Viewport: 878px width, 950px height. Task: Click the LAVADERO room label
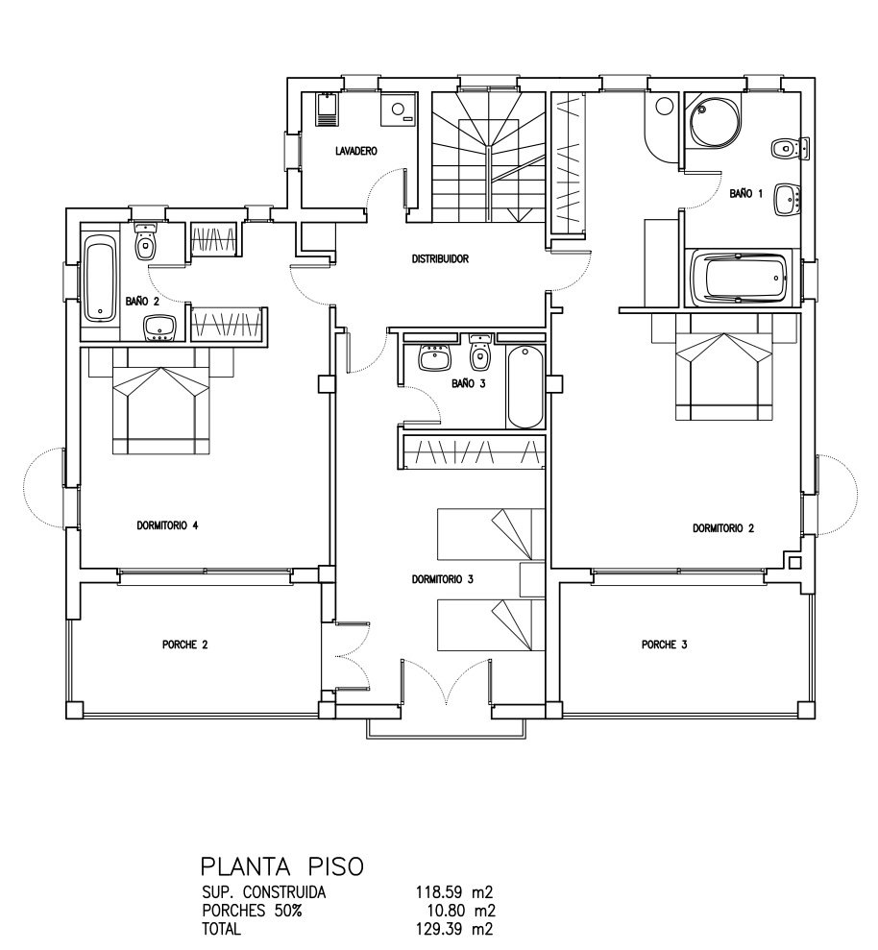[355, 151]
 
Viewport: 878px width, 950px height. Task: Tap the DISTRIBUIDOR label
[440, 258]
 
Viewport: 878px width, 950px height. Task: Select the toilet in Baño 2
[144, 242]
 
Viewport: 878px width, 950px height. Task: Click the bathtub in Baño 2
[100, 279]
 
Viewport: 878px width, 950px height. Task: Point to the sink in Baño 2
[159, 328]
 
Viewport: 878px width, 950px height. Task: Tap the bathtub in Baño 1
[741, 279]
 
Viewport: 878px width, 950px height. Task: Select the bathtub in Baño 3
[524, 387]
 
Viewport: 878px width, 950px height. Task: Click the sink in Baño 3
[434, 357]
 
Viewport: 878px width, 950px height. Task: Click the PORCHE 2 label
[184, 645]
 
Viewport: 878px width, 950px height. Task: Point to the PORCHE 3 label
[664, 645]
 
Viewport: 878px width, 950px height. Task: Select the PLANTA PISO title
[282, 866]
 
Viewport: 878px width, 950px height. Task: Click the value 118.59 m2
[453, 892]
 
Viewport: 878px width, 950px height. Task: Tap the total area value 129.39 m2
[453, 929]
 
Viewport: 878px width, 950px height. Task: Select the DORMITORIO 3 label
[442, 579]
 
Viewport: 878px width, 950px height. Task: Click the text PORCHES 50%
[252, 911]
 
